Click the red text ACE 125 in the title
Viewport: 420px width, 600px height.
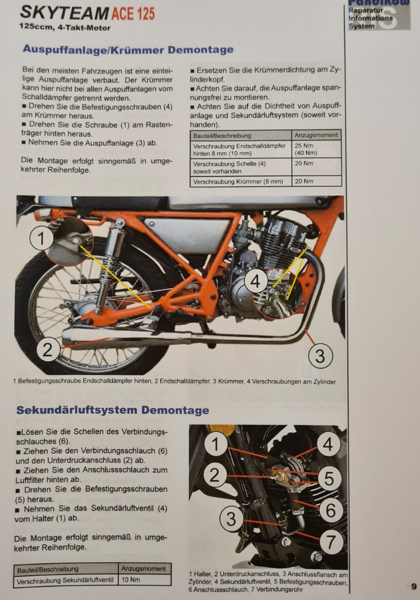(133, 14)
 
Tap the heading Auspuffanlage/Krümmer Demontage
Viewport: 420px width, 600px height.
(128, 50)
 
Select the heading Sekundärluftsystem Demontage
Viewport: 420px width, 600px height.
(113, 410)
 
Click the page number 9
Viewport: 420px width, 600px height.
(414, 586)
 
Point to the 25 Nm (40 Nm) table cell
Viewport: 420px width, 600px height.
(316, 149)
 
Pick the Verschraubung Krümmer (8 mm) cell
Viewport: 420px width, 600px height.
(241, 181)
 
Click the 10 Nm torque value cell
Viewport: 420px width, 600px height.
(144, 580)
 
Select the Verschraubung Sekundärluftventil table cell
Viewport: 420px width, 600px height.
(66, 580)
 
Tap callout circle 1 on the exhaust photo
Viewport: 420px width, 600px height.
(41, 238)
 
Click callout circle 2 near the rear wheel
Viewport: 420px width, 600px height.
(47, 350)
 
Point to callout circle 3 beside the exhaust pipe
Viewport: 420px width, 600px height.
(320, 356)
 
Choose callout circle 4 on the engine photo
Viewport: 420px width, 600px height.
(255, 281)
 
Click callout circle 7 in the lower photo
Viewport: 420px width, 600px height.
(330, 542)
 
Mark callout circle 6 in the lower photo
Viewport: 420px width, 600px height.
(330, 510)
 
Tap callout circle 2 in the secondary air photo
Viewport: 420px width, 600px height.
(215, 475)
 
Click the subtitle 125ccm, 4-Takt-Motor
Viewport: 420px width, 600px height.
(65, 28)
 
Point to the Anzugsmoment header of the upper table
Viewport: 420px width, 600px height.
(316, 135)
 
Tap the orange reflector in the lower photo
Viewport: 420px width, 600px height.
(222, 429)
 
